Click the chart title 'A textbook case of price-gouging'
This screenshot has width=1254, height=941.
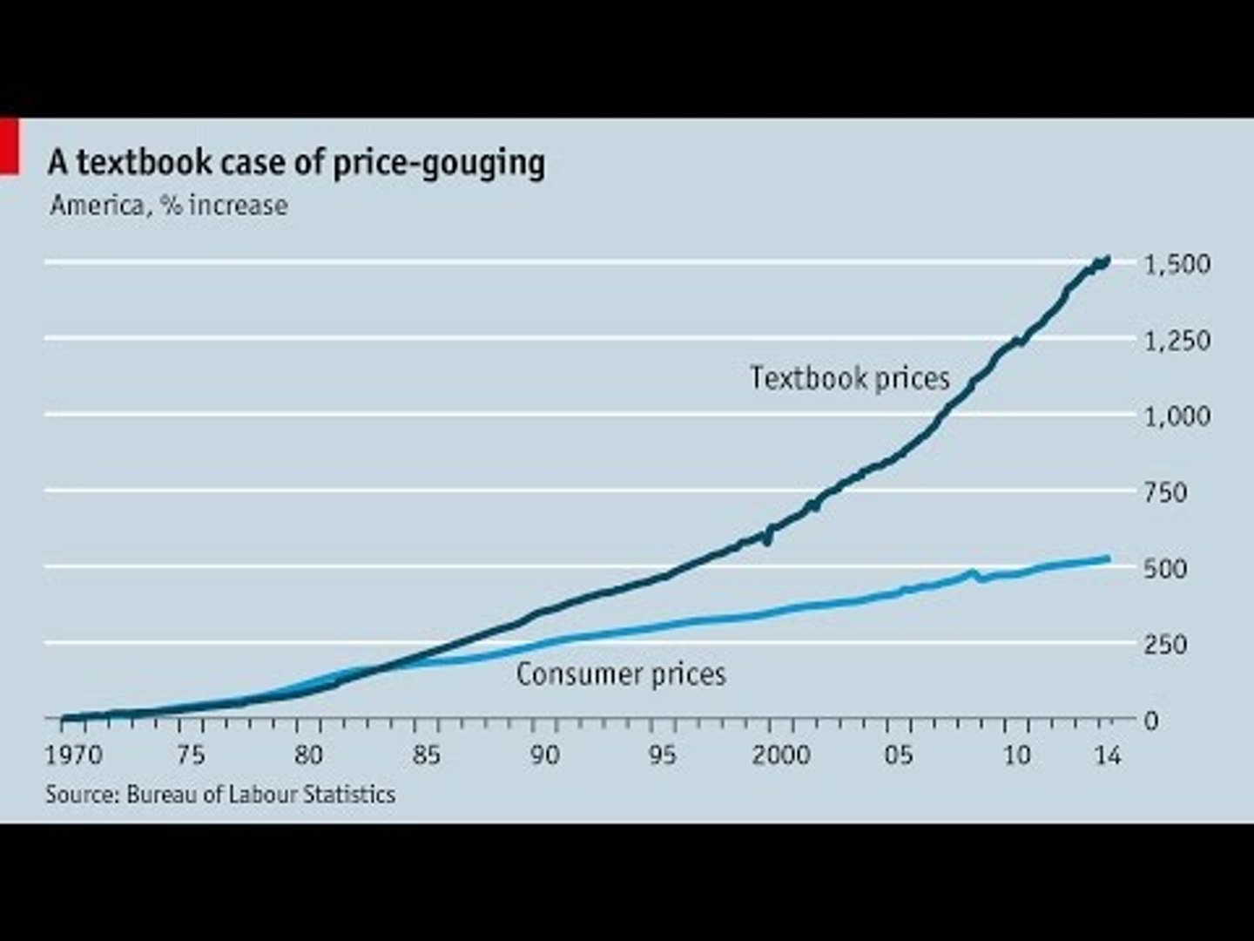point(296,163)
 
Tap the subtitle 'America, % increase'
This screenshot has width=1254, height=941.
point(169,206)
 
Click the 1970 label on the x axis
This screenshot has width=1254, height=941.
point(74,755)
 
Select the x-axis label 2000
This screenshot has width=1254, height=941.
point(781,755)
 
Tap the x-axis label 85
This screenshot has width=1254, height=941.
point(426,755)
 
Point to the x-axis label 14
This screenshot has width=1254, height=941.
point(1107,755)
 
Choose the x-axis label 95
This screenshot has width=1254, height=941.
point(662,755)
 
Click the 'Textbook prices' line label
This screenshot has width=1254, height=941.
point(850,378)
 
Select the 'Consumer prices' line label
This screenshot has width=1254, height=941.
point(621,674)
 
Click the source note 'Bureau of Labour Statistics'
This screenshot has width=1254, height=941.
point(260,795)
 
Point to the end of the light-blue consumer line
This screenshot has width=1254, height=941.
point(1108,558)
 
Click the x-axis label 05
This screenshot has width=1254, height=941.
point(899,755)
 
